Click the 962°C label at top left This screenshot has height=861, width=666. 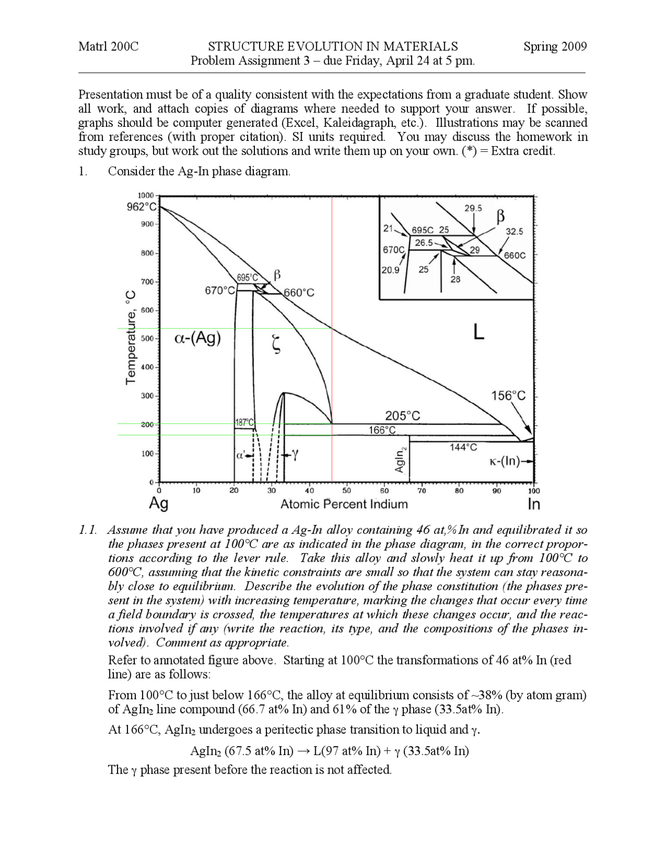pos(142,207)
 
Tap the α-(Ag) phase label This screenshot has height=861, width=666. pos(197,338)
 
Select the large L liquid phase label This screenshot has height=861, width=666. pos(479,331)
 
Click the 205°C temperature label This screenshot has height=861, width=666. pos(402,416)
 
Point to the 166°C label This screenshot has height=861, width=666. pos(382,430)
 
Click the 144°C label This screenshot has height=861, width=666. pos(463,447)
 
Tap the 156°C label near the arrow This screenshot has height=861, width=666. pos(508,396)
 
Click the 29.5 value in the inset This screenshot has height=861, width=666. pos(473,208)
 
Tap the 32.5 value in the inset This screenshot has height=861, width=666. pos(515,232)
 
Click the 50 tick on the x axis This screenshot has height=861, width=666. pos(347,490)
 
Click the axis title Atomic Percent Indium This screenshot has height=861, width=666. pos(344,504)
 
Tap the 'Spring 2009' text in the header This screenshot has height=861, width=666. pos(555,47)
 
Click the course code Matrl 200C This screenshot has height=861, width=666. pos(109,47)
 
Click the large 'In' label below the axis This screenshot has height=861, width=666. pos(533,504)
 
